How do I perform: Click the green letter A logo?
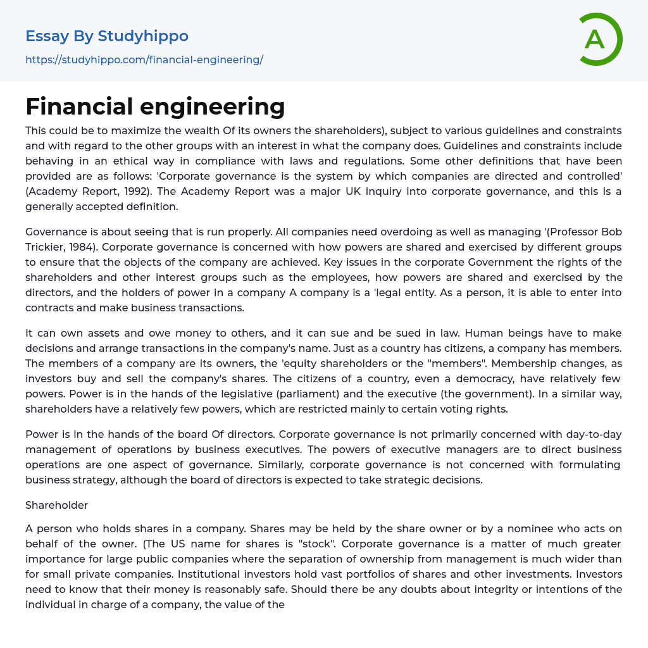[x=600, y=39]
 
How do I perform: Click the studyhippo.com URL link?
[x=144, y=60]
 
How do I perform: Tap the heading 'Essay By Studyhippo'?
[x=107, y=36]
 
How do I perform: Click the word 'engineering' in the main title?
[x=216, y=106]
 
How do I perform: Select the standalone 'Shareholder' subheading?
[x=56, y=505]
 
